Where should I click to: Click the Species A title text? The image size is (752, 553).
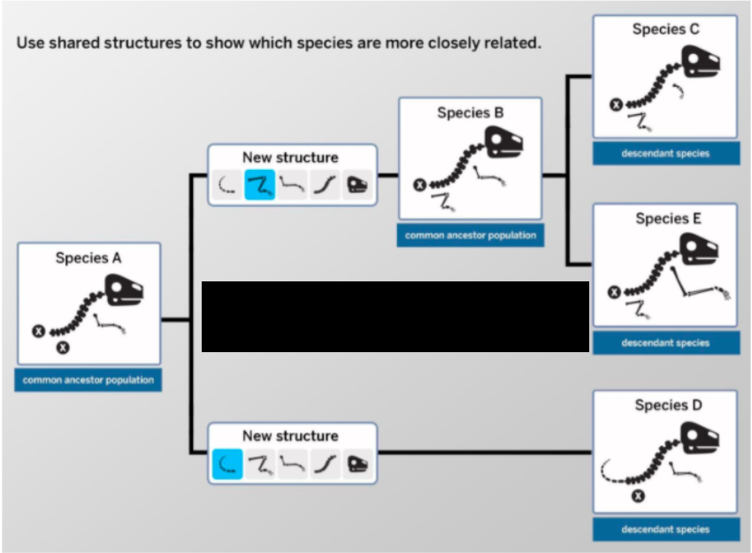point(88,258)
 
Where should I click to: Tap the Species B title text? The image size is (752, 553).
point(470,113)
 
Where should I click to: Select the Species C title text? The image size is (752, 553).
point(665,29)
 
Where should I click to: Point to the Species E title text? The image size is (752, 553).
point(665,219)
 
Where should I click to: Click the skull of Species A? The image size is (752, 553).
point(125,291)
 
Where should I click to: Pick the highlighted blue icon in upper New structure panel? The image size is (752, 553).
point(259,186)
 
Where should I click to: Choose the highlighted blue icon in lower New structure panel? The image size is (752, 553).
point(227,464)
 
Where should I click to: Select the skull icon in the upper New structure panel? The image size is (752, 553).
point(357,186)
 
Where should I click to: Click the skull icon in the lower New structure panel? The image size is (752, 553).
point(357,464)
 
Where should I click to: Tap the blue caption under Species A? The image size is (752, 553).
point(88,380)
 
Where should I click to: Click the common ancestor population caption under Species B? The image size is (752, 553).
point(470,235)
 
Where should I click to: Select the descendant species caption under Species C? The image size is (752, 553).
point(665,153)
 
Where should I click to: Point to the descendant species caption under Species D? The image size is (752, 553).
point(665,529)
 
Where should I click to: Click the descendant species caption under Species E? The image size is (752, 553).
point(665,342)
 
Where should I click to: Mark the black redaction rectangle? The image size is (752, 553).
point(395,317)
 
